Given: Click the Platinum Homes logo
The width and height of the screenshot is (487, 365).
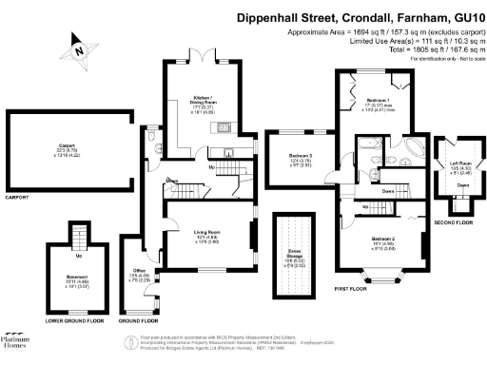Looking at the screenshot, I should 13,342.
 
